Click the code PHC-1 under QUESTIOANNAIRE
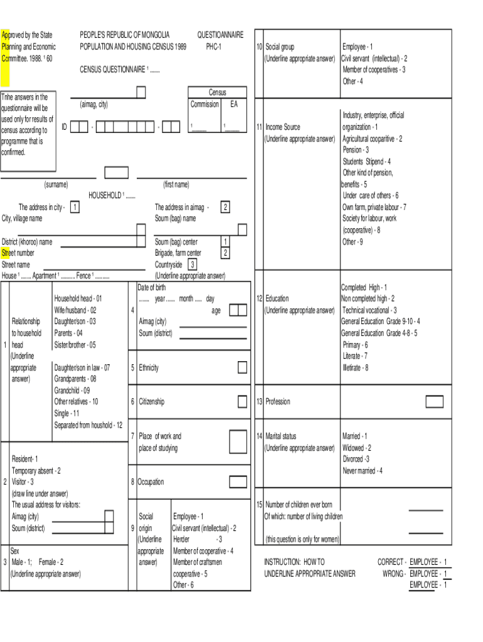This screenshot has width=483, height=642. point(213,47)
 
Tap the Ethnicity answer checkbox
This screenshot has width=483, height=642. point(242,367)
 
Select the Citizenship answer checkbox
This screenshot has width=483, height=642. point(242,401)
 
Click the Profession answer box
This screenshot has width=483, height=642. point(434,401)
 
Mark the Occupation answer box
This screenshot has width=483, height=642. point(238,481)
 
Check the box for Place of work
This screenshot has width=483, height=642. point(238,441)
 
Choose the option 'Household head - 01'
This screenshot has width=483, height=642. point(78,298)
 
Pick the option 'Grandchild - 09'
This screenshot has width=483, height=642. point(72,390)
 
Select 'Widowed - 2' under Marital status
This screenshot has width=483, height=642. point(356,448)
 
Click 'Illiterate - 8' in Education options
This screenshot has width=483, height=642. point(356,368)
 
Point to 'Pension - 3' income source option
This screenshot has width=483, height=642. point(356,150)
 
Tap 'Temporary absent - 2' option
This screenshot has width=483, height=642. point(36,470)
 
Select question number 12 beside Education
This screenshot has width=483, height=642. point(259,298)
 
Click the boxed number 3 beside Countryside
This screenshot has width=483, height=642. point(193,265)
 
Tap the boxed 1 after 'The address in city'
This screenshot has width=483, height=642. point(75,207)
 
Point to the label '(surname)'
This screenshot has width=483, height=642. point(56,184)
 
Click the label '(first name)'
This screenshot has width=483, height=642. point(176,184)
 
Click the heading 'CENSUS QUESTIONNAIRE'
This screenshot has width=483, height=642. point(114,70)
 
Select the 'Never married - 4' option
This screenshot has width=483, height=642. point(363,471)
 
